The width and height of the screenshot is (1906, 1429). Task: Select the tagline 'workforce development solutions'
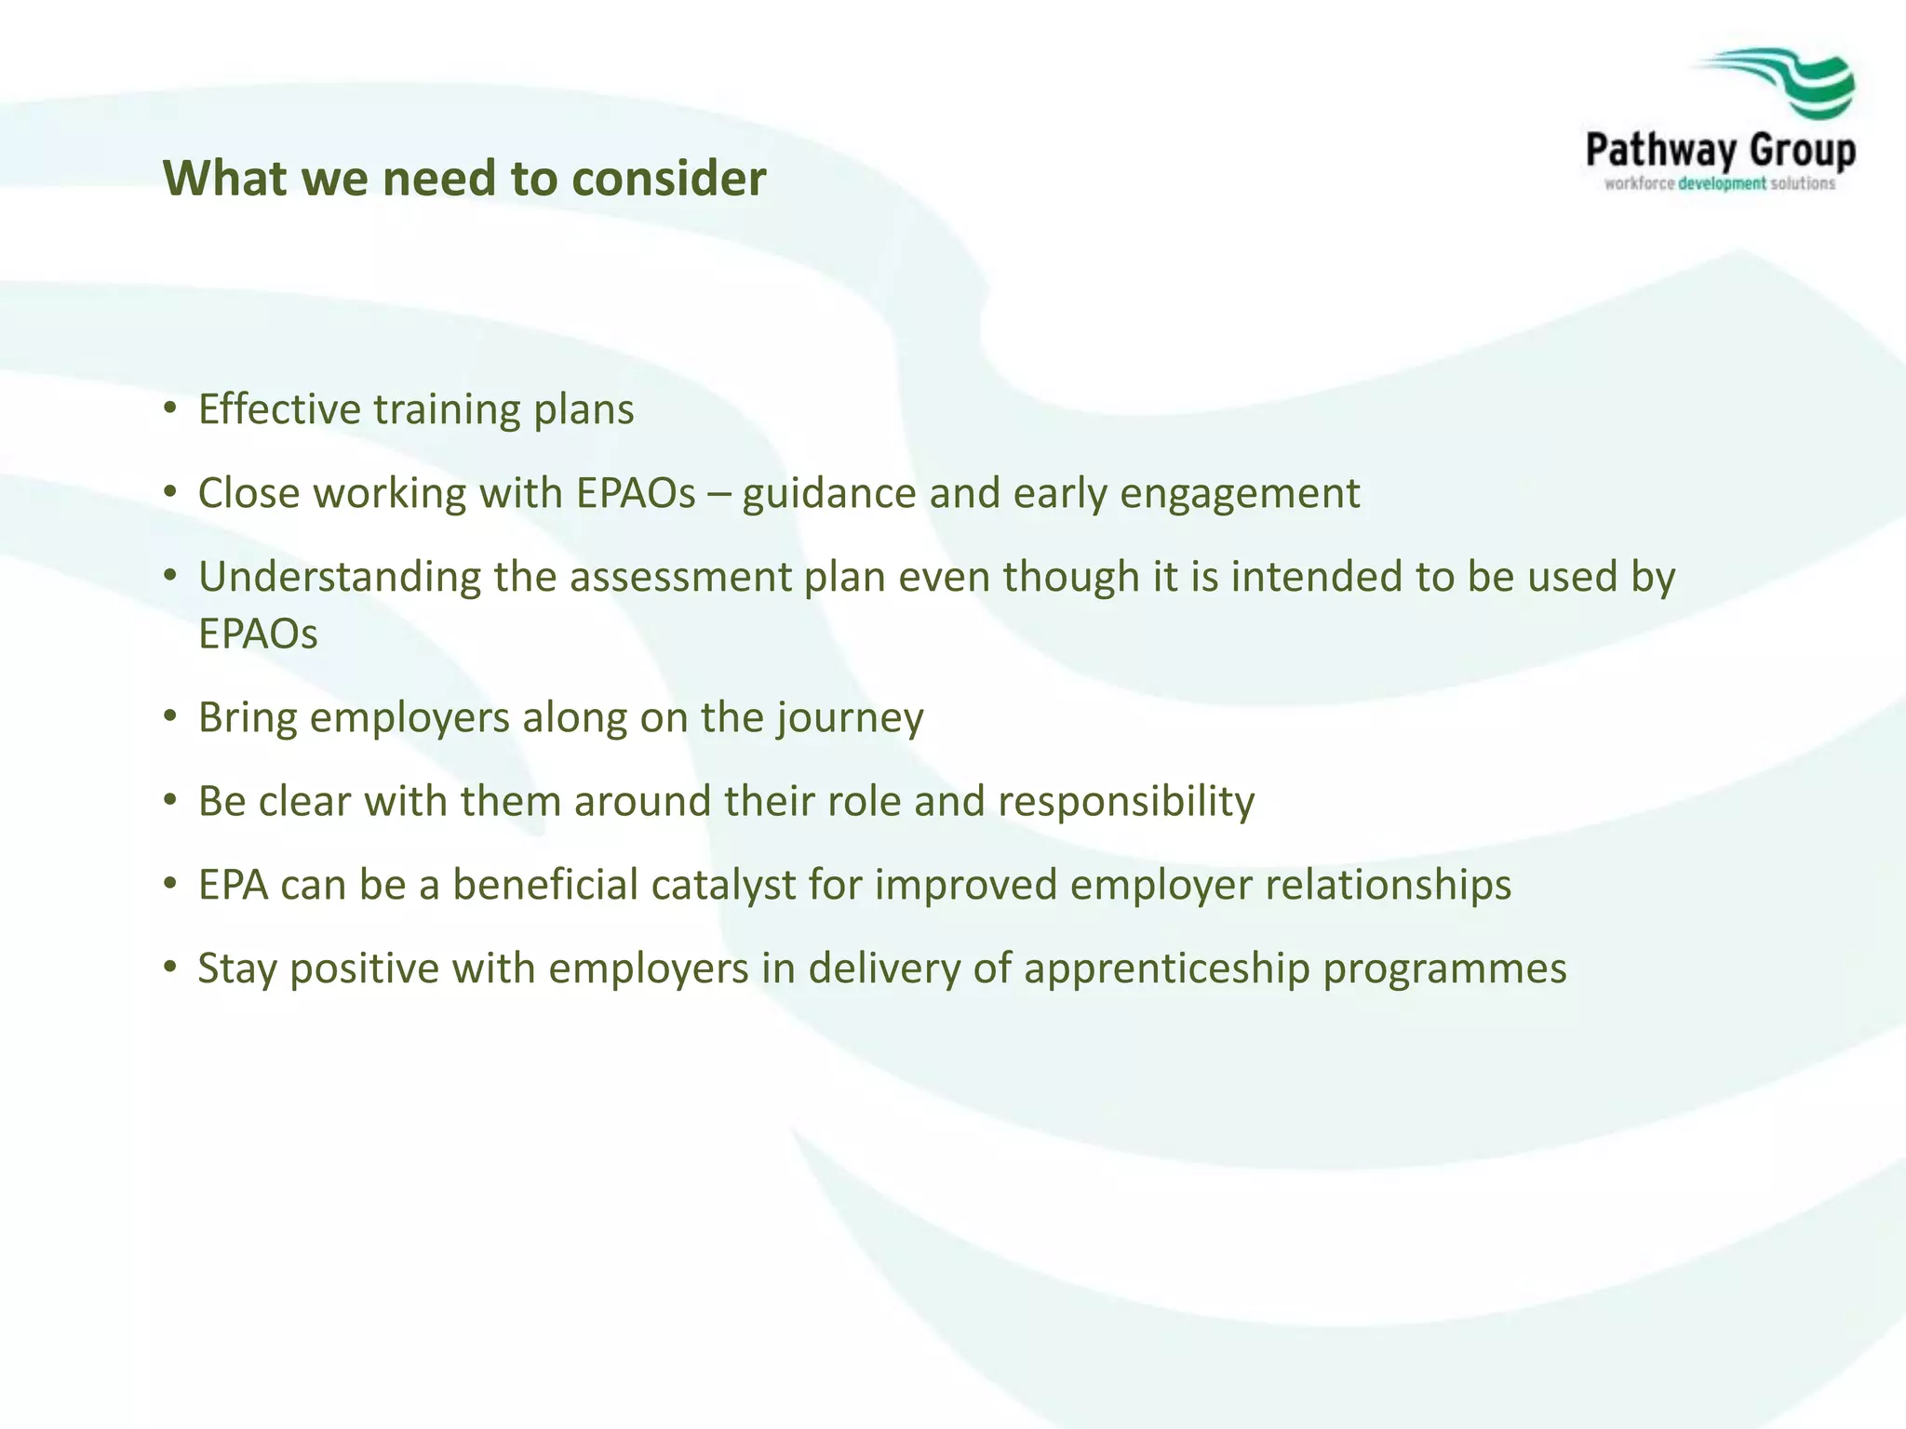pyautogui.click(x=1719, y=183)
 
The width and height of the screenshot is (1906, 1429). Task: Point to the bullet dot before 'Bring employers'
pyautogui.click(x=169, y=716)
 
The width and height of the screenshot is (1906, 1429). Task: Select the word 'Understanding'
pyautogui.click(x=339, y=578)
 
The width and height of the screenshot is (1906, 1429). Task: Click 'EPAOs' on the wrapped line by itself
pyautogui.click(x=258, y=634)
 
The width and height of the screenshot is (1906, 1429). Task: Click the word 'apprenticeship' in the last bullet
pyautogui.click(x=1167, y=969)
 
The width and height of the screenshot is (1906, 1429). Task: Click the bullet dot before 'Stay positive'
pyautogui.click(x=169, y=968)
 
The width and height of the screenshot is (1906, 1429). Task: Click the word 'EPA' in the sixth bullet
pyautogui.click(x=233, y=885)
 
